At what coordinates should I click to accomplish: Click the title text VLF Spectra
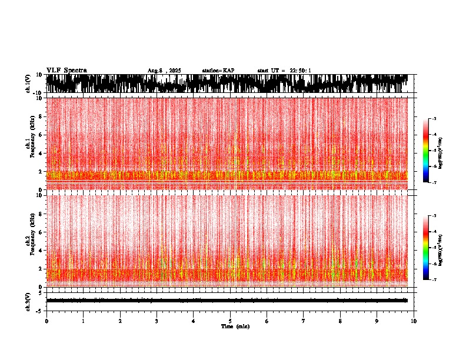66,71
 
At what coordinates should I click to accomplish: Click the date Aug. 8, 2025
164,71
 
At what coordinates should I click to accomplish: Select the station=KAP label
218,71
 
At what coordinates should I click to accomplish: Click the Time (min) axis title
235,326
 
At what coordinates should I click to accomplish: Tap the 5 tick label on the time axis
230,321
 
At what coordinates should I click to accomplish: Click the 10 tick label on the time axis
414,321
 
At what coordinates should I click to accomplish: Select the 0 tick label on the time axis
46,321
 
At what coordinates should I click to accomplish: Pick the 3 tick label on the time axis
157,321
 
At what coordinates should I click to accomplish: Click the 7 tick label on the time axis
304,321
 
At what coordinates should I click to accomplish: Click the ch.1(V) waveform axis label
28,84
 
